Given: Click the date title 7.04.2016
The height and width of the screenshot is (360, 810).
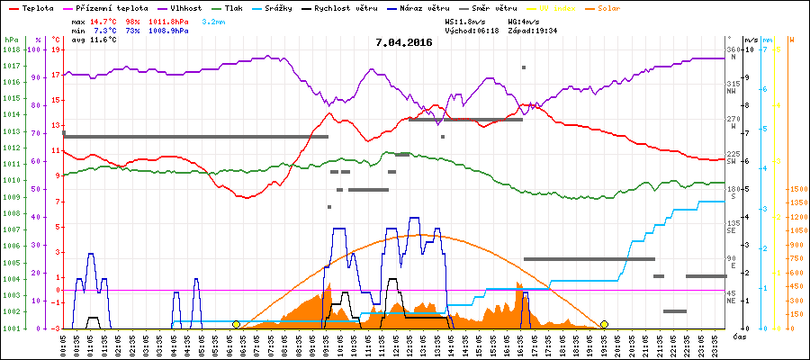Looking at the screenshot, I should click(404, 42).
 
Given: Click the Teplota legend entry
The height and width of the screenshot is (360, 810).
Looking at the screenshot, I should click(37, 7).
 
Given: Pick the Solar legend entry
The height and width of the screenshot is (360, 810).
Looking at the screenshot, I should click(623, 7).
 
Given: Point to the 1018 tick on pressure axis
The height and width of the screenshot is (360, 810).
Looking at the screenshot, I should click(11, 49).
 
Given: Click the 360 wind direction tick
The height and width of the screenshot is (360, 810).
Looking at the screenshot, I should click(732, 49).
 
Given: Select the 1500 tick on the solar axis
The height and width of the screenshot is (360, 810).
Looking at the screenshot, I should click(796, 189).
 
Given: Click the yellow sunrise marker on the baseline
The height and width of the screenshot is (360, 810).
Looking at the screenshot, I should click(236, 324).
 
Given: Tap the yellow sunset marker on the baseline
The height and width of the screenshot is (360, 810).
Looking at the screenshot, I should click(605, 324).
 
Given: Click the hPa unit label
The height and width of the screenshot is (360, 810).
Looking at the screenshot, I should click(11, 40).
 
